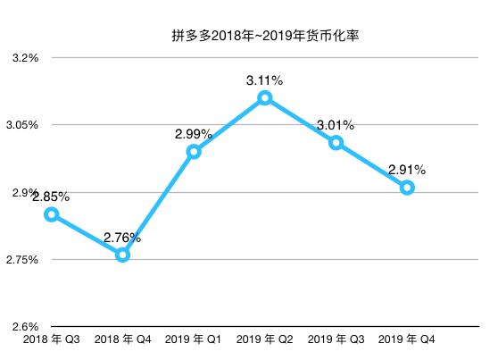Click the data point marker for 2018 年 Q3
coord(52,214)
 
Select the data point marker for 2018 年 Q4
coord(122,255)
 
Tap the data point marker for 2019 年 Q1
coord(194,152)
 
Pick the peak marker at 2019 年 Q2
coord(265,98)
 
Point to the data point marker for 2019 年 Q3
coord(336,143)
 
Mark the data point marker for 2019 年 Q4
coord(407,188)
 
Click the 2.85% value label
coord(51,197)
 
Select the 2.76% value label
coord(122,238)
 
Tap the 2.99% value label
coord(194,134)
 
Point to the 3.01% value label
coord(336,125)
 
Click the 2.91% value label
coord(407,170)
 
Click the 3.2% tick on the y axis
coord(25,58)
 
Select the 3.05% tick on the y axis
coord(21,125)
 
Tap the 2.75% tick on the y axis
coord(21,260)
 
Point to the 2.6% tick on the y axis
coord(25,327)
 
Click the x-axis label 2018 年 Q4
coord(122,340)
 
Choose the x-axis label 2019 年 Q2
coord(265,340)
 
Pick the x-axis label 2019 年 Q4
coord(407,340)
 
